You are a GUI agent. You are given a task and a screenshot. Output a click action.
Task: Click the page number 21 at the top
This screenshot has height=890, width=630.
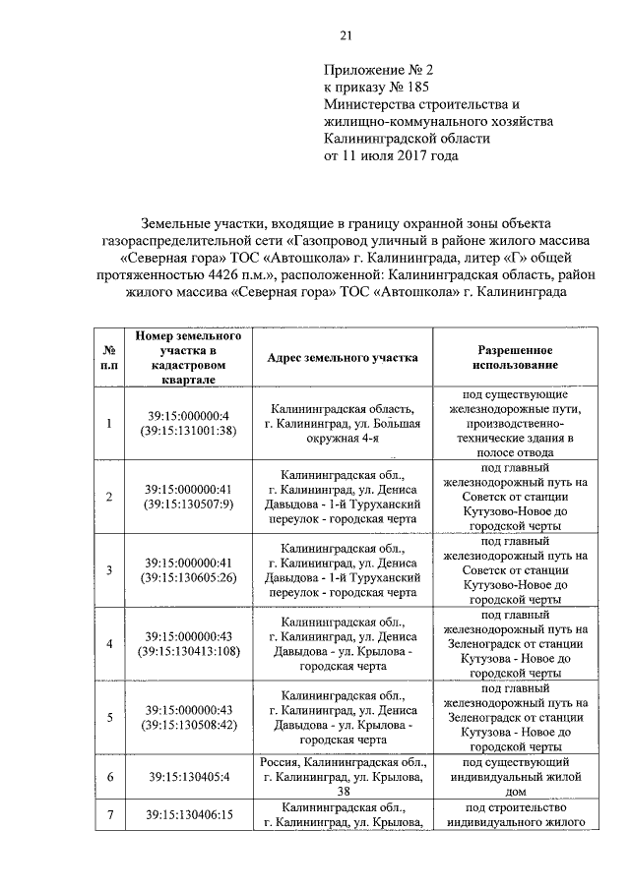pos(345,36)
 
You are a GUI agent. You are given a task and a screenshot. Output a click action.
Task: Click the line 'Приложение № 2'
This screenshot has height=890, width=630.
pos(377,71)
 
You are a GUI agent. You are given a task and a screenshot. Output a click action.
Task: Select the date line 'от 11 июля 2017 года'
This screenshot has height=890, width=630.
pos(391,154)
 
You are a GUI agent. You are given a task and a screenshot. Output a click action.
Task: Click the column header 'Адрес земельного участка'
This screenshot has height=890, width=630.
pos(342,358)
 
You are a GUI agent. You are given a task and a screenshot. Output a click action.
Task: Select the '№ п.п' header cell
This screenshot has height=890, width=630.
pos(108,358)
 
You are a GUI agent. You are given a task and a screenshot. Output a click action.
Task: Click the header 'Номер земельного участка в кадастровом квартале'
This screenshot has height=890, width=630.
pos(187,358)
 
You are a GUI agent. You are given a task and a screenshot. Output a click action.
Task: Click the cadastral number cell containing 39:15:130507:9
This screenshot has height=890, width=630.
pos(187,497)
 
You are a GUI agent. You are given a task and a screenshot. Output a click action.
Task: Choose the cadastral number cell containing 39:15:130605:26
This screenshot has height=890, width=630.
pos(187,570)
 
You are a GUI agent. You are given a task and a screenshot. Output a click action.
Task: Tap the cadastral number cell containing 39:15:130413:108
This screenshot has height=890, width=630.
pos(187,644)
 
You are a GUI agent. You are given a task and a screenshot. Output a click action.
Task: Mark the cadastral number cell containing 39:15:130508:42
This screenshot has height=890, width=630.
pos(187,718)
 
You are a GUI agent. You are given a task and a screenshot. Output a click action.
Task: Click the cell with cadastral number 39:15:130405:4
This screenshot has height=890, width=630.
pos(187,777)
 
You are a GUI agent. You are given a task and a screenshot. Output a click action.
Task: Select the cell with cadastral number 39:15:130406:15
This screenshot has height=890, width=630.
pos(187,814)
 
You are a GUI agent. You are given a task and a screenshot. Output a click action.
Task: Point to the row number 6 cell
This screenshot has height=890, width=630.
pos(108,777)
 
